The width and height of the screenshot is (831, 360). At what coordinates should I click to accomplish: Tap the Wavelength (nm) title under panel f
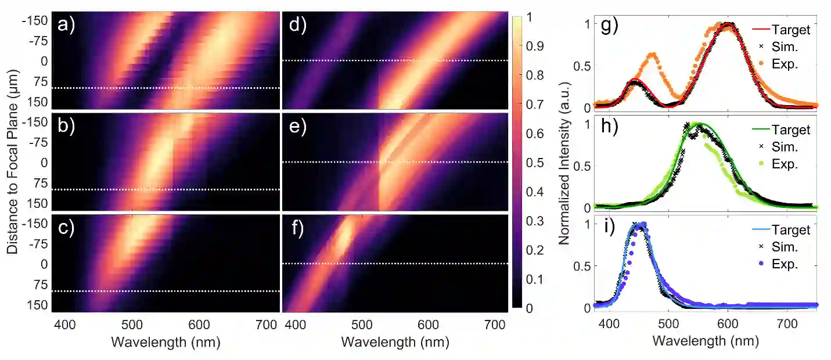pos(395,343)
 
